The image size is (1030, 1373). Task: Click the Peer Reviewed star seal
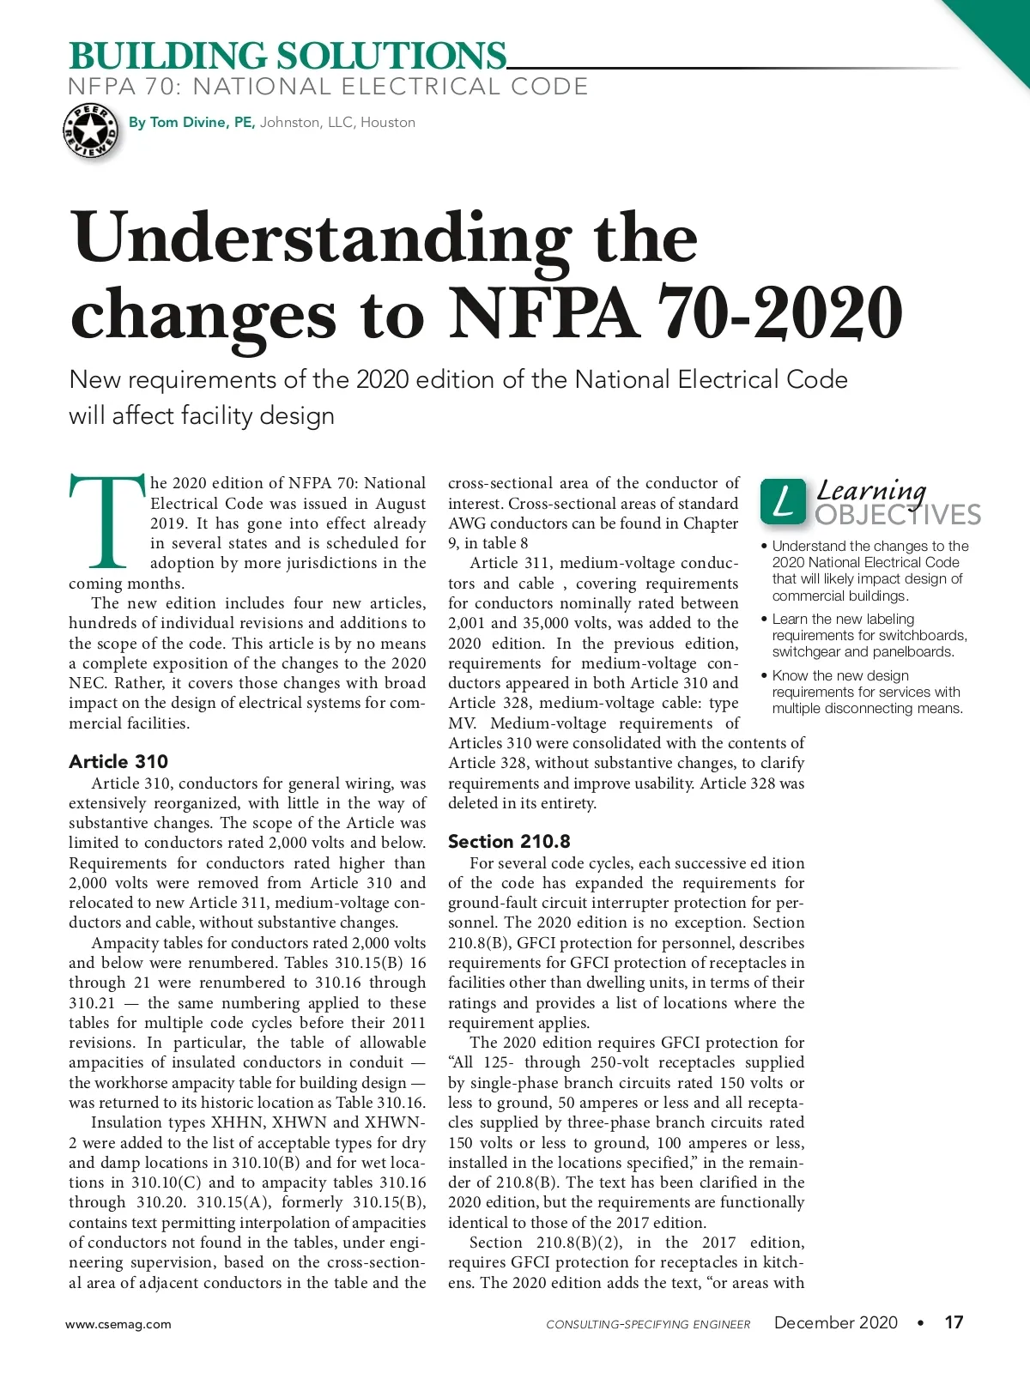click(90, 131)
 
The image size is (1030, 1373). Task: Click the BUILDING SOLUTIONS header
click(288, 57)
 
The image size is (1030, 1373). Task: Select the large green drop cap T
click(106, 522)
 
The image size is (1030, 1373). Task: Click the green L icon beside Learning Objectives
click(783, 502)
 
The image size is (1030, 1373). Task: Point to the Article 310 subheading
click(118, 762)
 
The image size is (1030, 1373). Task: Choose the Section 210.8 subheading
click(509, 842)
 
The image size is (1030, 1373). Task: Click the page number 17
click(954, 1322)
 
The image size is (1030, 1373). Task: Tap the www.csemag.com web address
click(118, 1324)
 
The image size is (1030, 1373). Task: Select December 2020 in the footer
click(835, 1322)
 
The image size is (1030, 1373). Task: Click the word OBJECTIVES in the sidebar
click(898, 515)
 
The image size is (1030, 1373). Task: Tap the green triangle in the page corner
click(1000, 30)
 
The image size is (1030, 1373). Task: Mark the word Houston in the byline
click(388, 123)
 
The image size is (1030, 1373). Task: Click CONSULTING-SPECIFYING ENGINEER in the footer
click(648, 1324)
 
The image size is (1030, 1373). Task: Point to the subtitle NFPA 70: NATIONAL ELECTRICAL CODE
click(328, 87)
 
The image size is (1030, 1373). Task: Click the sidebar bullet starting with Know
click(866, 692)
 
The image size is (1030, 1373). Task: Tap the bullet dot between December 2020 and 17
click(920, 1323)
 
